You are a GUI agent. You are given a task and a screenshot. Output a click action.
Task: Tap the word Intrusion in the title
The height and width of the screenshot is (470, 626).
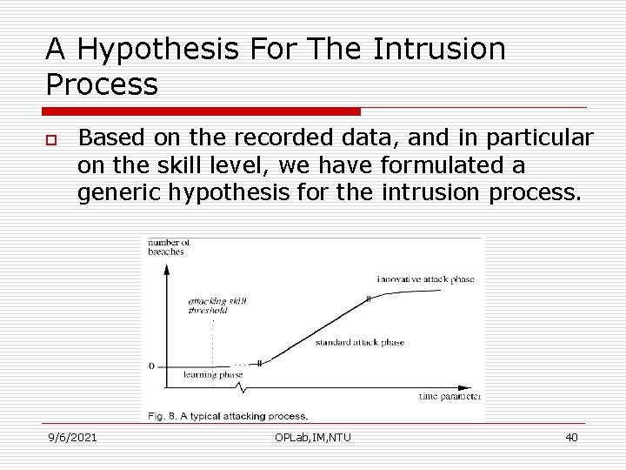point(438,50)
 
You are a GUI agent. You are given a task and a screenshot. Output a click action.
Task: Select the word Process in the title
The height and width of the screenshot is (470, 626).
point(102,84)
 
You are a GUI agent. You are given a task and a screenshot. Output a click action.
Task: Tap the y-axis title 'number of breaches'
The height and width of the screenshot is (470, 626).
point(166,246)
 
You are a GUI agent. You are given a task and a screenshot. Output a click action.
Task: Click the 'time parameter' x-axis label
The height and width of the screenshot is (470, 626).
point(449,396)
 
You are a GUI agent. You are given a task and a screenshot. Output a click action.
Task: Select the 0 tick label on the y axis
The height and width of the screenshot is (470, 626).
point(152,366)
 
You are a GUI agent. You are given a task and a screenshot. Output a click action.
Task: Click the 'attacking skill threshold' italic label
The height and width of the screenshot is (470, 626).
point(216,305)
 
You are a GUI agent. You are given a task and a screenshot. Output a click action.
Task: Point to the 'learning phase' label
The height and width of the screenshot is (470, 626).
point(213,374)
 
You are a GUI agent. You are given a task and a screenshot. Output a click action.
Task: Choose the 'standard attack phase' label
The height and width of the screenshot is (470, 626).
point(360,342)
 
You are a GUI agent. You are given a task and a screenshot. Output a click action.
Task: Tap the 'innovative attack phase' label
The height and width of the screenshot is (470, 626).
point(425,279)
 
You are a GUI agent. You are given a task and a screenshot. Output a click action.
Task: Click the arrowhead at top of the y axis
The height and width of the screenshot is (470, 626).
point(165,264)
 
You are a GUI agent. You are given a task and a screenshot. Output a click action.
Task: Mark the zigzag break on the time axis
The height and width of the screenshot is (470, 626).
point(249,384)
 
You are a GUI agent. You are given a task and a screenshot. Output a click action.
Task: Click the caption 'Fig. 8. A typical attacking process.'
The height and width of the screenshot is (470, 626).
point(227,416)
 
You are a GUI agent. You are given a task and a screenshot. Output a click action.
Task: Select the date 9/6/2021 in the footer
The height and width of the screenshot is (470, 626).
point(72,437)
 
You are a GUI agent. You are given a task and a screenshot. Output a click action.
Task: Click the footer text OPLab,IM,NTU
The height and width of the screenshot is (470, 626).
point(312,437)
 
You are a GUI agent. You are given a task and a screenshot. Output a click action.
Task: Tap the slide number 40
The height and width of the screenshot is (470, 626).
point(571,437)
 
